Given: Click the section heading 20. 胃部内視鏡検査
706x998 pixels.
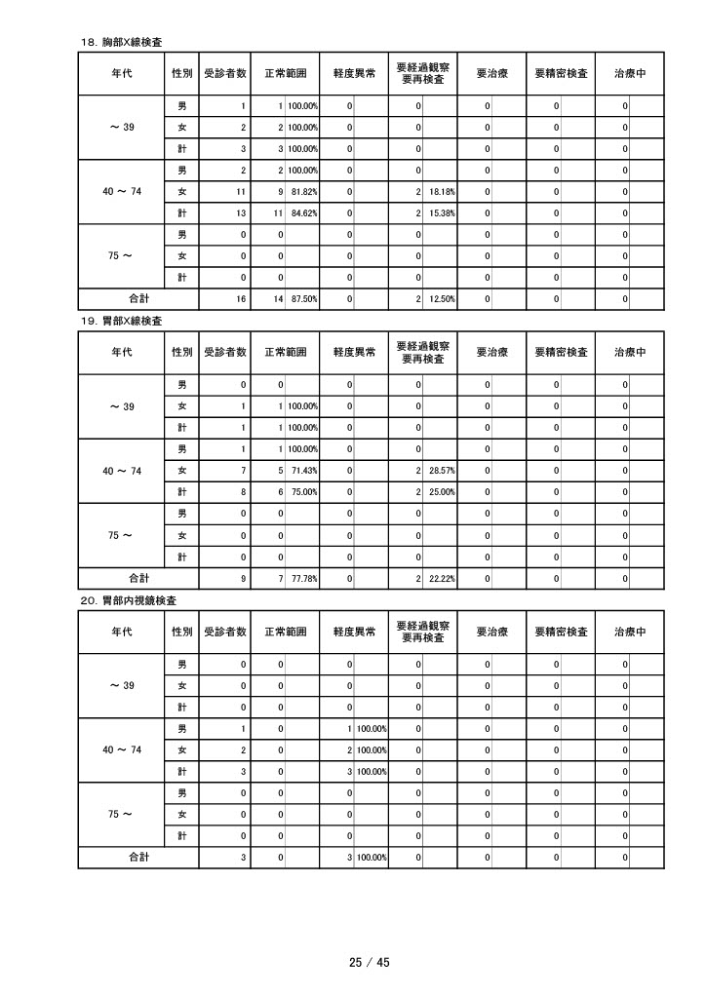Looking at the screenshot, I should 127,599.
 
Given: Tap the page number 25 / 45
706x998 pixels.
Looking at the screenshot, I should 370,963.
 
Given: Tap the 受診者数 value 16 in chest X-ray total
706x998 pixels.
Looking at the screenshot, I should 240,299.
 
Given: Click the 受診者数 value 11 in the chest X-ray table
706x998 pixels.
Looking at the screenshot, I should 240,191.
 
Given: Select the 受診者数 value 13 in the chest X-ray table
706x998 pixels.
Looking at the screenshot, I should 240,212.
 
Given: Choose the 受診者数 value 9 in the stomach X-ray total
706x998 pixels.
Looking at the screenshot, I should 242,578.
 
